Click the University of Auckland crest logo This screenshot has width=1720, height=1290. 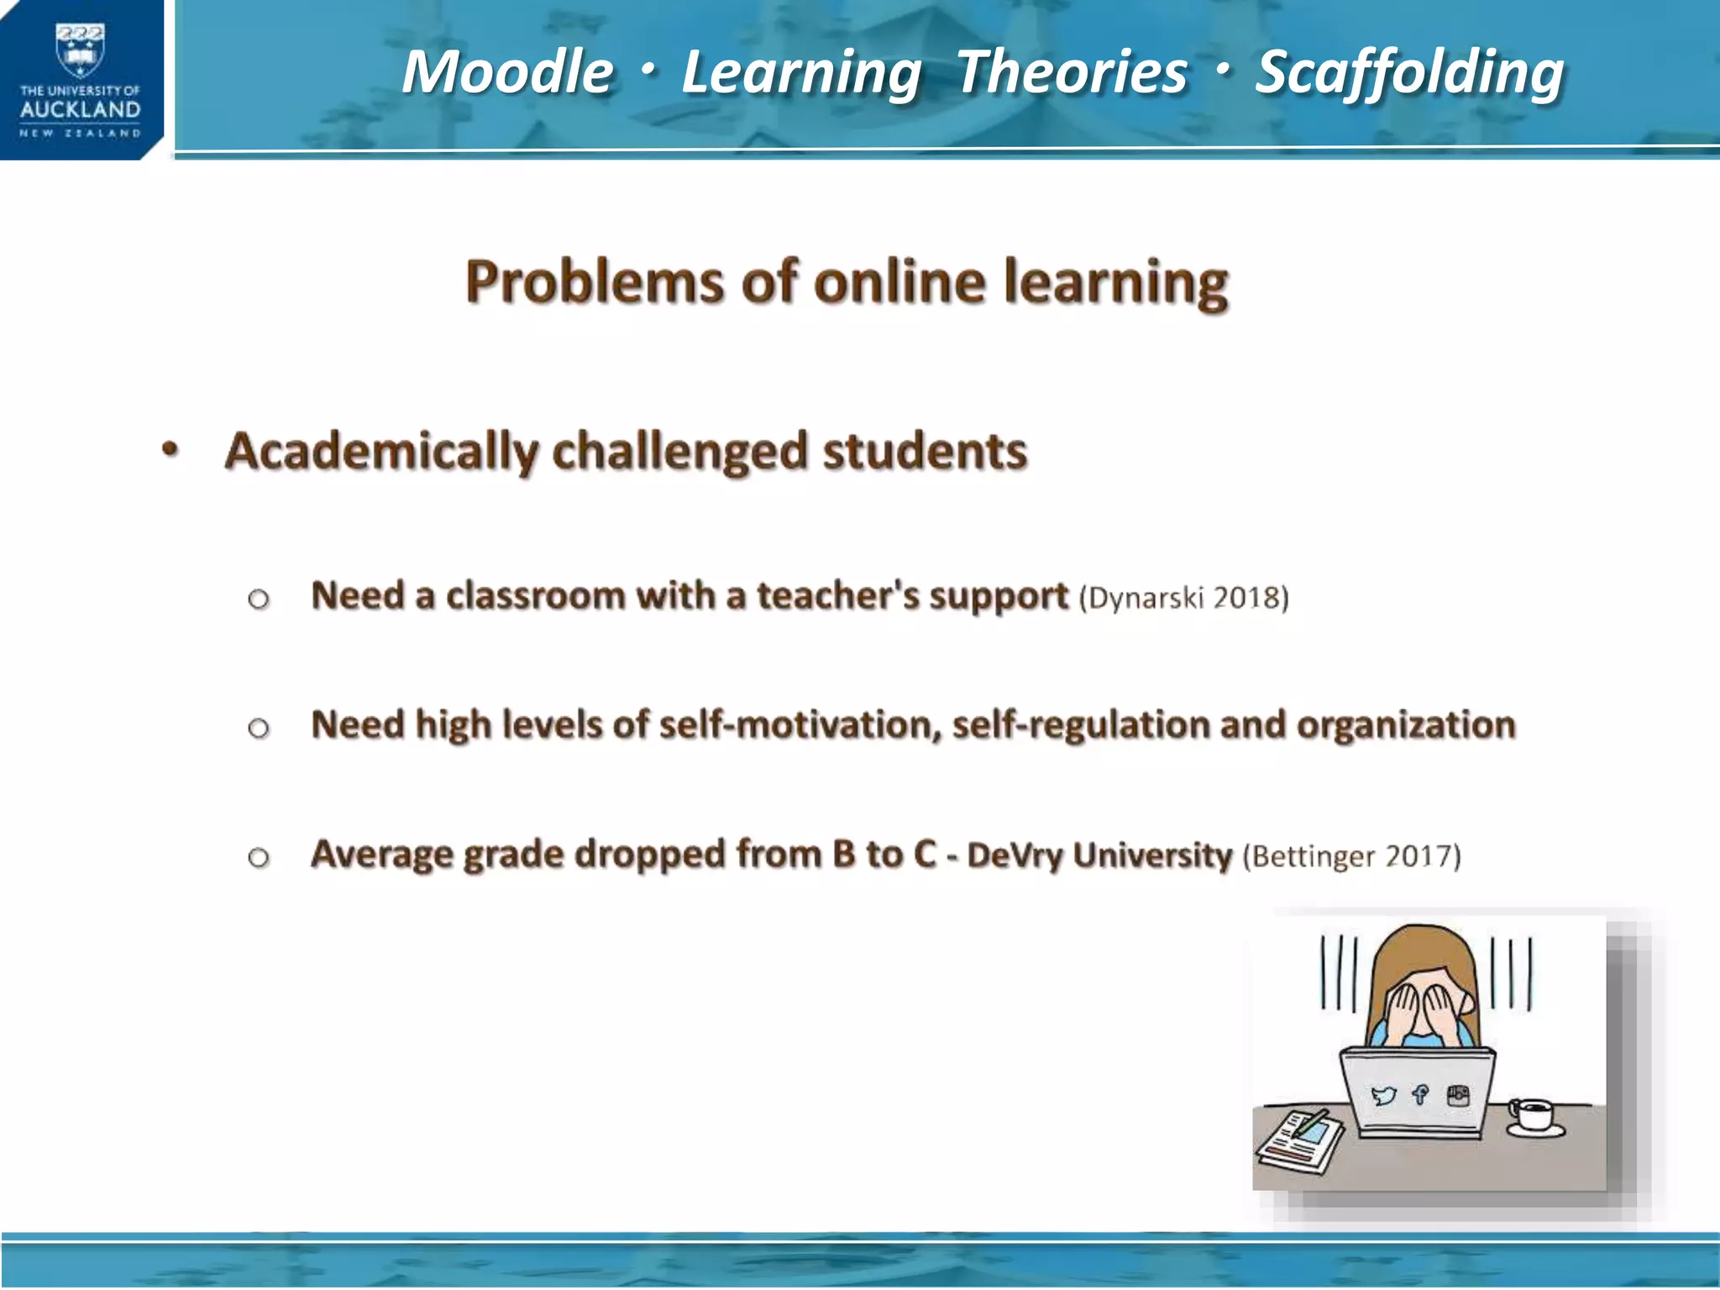coord(80,50)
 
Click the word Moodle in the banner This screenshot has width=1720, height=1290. coord(507,72)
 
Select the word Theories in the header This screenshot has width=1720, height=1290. coord(1072,72)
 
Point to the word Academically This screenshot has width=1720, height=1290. coord(381,452)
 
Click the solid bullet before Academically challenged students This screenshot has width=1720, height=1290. coord(170,450)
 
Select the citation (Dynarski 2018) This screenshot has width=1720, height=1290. coord(1183,598)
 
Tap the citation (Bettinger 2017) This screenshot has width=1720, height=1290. coord(1351,857)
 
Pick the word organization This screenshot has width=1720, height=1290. coord(1406,725)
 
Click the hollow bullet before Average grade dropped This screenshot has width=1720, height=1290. coord(259,857)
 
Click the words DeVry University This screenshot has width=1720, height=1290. coord(1099,856)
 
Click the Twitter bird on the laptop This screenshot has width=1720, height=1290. coord(1382,1095)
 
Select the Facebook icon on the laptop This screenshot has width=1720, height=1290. coord(1420,1094)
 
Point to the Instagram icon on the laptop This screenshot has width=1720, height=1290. coord(1459,1094)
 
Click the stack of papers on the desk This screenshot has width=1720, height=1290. coord(1298,1142)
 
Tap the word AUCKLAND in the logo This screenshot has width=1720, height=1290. coord(80,110)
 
